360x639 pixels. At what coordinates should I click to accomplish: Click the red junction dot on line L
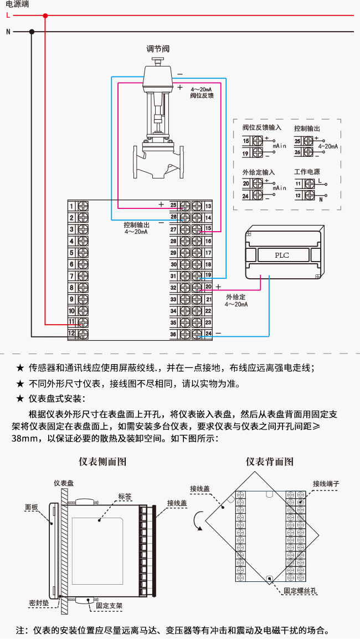click(45, 16)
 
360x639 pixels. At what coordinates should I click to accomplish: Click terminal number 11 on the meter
click(71, 322)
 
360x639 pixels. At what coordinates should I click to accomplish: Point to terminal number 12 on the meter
click(71, 334)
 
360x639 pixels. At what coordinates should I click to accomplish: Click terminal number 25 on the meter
click(173, 205)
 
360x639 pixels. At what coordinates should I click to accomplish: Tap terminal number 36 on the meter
click(173, 334)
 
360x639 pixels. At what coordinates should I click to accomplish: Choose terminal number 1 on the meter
click(71, 206)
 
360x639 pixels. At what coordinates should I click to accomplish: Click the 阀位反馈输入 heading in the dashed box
click(262, 127)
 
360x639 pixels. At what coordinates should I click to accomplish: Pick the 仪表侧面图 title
click(102, 462)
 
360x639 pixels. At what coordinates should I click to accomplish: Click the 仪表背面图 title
click(270, 462)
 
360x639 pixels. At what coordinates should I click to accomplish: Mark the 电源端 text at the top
click(17, 5)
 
